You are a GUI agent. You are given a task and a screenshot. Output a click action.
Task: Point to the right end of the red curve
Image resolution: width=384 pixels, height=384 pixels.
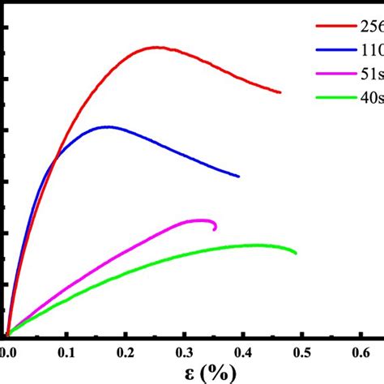[280, 92]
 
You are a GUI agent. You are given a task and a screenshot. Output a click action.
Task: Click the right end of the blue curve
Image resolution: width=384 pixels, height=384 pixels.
[239, 176]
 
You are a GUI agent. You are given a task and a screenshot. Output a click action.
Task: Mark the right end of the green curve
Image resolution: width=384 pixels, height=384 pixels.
[296, 253]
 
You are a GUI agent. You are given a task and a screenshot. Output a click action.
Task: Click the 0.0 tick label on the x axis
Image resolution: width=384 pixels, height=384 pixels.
[7, 352]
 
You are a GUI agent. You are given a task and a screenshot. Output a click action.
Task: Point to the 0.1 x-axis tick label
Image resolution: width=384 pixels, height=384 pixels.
[66, 352]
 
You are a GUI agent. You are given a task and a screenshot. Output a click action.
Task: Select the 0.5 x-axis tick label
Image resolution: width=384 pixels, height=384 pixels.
[302, 352]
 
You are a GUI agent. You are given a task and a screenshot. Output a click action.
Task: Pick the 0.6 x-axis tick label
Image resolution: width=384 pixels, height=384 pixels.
[361, 352]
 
